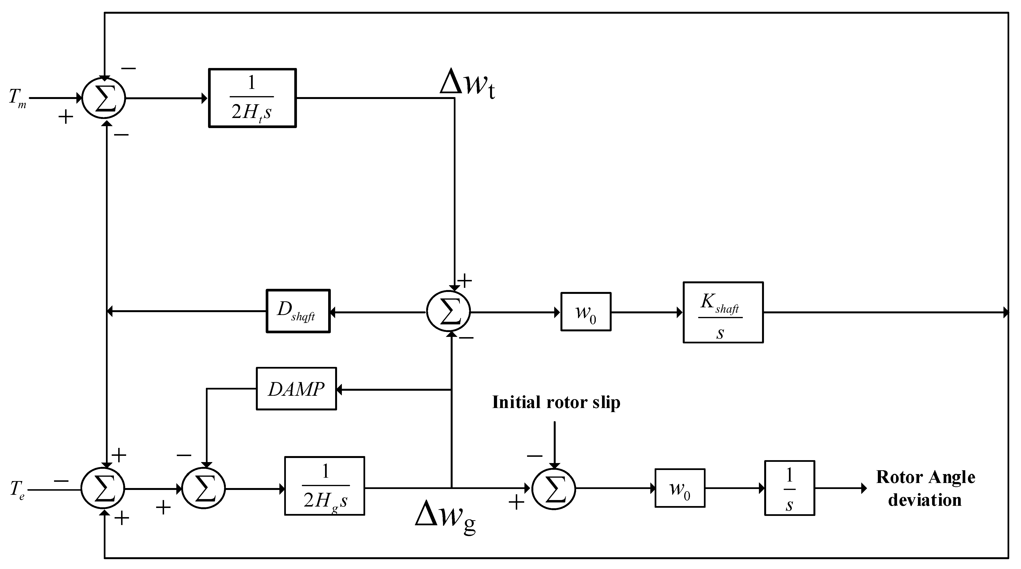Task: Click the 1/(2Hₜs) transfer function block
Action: [x=252, y=98]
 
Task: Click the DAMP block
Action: [x=296, y=389]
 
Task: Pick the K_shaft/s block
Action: [x=723, y=312]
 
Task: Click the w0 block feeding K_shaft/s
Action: [x=585, y=312]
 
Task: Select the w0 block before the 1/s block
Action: [x=679, y=488]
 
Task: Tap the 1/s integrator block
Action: [x=789, y=488]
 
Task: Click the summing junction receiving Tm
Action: [x=104, y=98]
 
